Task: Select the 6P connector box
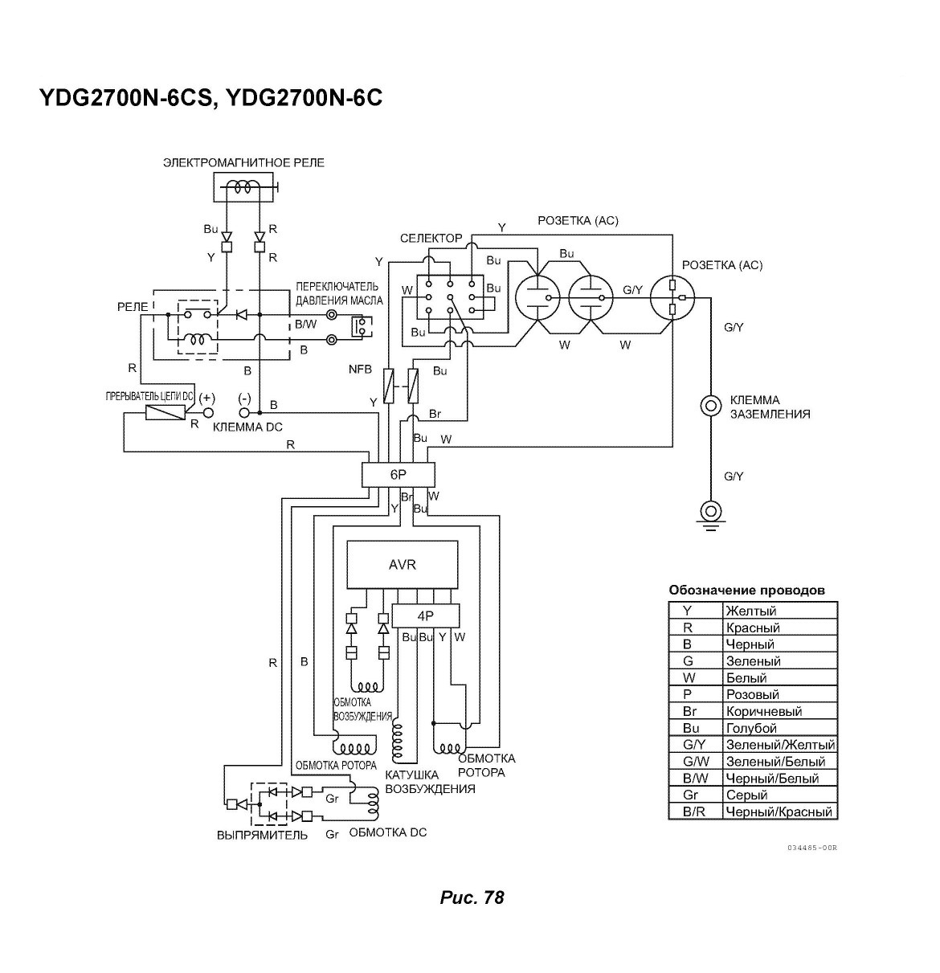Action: click(398, 474)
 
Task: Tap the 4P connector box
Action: click(426, 615)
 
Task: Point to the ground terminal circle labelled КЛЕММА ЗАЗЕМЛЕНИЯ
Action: click(710, 406)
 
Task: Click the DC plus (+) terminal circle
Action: click(207, 412)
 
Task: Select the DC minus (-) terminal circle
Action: click(244, 412)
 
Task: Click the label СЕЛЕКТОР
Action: click(431, 239)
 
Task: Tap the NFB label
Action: click(361, 370)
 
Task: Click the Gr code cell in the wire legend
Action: click(695, 795)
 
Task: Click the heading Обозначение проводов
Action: click(746, 590)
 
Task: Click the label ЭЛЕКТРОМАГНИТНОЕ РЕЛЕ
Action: click(243, 163)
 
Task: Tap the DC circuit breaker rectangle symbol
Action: click(165, 412)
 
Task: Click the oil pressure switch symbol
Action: click(362, 327)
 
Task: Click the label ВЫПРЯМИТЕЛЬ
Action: click(262, 836)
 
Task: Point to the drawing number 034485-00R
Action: click(812, 848)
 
